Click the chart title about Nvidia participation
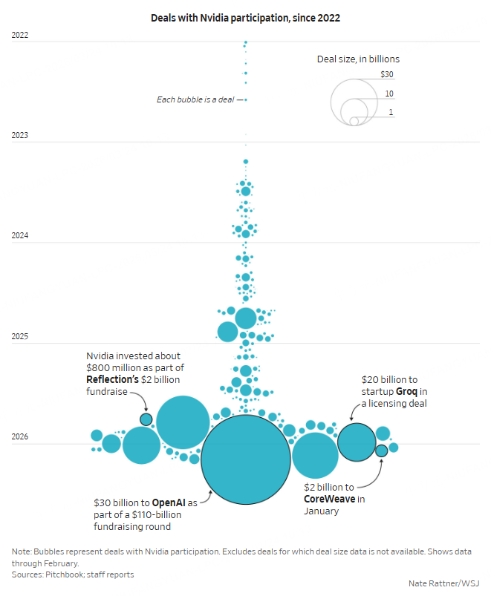(x=245, y=18)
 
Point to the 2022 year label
(x=20, y=35)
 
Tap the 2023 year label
(x=20, y=135)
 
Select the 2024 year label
(x=20, y=236)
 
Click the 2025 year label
(x=20, y=337)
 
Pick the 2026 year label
(x=20, y=437)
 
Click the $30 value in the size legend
(x=386, y=74)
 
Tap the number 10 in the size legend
(x=389, y=94)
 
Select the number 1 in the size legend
(x=391, y=112)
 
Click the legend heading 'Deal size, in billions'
(x=359, y=59)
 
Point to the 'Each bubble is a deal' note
(x=196, y=99)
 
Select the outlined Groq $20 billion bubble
(x=357, y=442)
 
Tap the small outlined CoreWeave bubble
(x=381, y=451)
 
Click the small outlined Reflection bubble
(x=146, y=419)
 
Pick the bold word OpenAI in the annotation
(x=168, y=502)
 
